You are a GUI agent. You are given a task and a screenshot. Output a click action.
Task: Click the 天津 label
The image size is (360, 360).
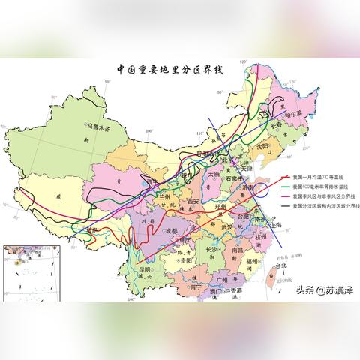pyautogui.click(x=247, y=170)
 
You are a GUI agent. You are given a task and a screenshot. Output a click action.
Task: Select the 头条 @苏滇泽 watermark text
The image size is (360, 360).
pyautogui.click(x=327, y=289)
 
